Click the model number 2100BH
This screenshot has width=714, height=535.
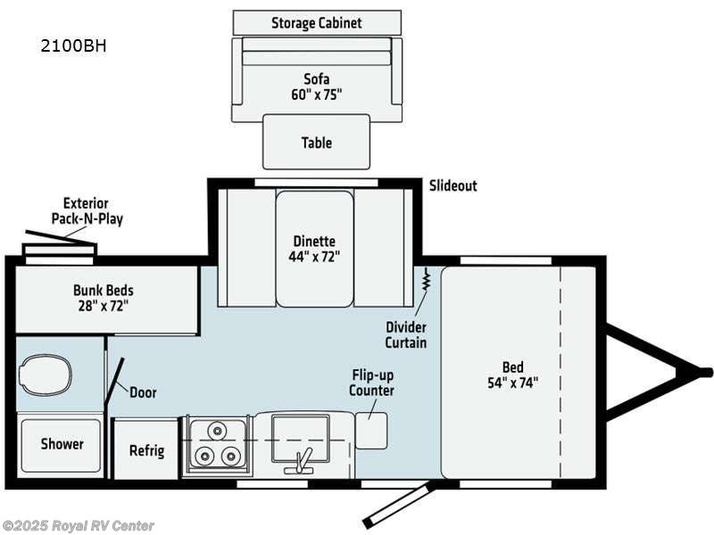coord(73,45)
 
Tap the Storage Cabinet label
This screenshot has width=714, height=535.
coord(316,22)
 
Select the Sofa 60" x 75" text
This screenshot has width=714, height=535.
coord(316,86)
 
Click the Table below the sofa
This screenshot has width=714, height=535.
coord(316,142)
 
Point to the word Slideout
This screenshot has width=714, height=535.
coord(452,185)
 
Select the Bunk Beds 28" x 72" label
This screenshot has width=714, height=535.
coord(103,298)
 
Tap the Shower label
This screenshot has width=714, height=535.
coord(62,444)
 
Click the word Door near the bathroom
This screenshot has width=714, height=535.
coord(143,392)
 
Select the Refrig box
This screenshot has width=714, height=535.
coord(146,449)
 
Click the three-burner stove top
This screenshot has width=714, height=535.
coord(215,444)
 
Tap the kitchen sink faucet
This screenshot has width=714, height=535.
coord(303,458)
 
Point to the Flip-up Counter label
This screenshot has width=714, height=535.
coord(371,383)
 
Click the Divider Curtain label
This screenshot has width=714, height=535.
coord(406,334)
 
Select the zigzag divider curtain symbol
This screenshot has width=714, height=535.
coord(427,281)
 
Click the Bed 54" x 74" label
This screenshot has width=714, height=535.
coord(512,374)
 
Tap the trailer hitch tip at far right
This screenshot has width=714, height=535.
coord(705,372)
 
